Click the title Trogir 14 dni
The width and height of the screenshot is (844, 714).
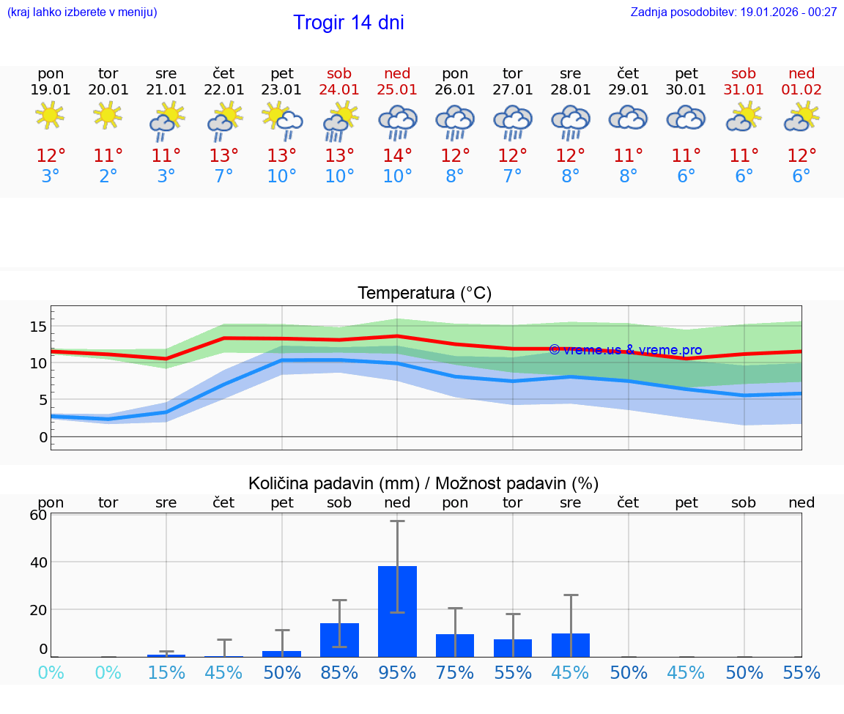[349, 23]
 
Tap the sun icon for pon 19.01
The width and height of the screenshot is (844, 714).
[50, 116]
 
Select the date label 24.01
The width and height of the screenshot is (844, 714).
[339, 90]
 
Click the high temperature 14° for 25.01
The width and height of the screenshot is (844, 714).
[397, 156]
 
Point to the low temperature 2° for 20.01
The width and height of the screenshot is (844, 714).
[108, 176]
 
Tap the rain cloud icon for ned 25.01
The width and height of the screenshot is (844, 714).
[397, 122]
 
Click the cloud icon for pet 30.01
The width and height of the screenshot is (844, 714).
[686, 118]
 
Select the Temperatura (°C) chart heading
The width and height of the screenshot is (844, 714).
[424, 294]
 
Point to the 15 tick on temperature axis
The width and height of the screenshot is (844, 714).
[38, 326]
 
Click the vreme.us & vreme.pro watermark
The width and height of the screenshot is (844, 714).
[625, 350]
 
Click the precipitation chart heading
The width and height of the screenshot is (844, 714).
[423, 483]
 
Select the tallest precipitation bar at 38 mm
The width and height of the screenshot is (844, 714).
[397, 611]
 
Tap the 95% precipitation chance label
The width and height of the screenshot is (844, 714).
[397, 673]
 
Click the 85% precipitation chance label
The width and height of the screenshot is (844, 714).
[339, 673]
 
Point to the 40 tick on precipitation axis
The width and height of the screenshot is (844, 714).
[38, 562]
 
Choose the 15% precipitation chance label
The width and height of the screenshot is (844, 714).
[166, 673]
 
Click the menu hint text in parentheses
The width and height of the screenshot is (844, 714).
[82, 12]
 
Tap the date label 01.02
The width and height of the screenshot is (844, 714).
[802, 90]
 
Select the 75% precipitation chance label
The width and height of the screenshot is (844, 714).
[455, 673]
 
